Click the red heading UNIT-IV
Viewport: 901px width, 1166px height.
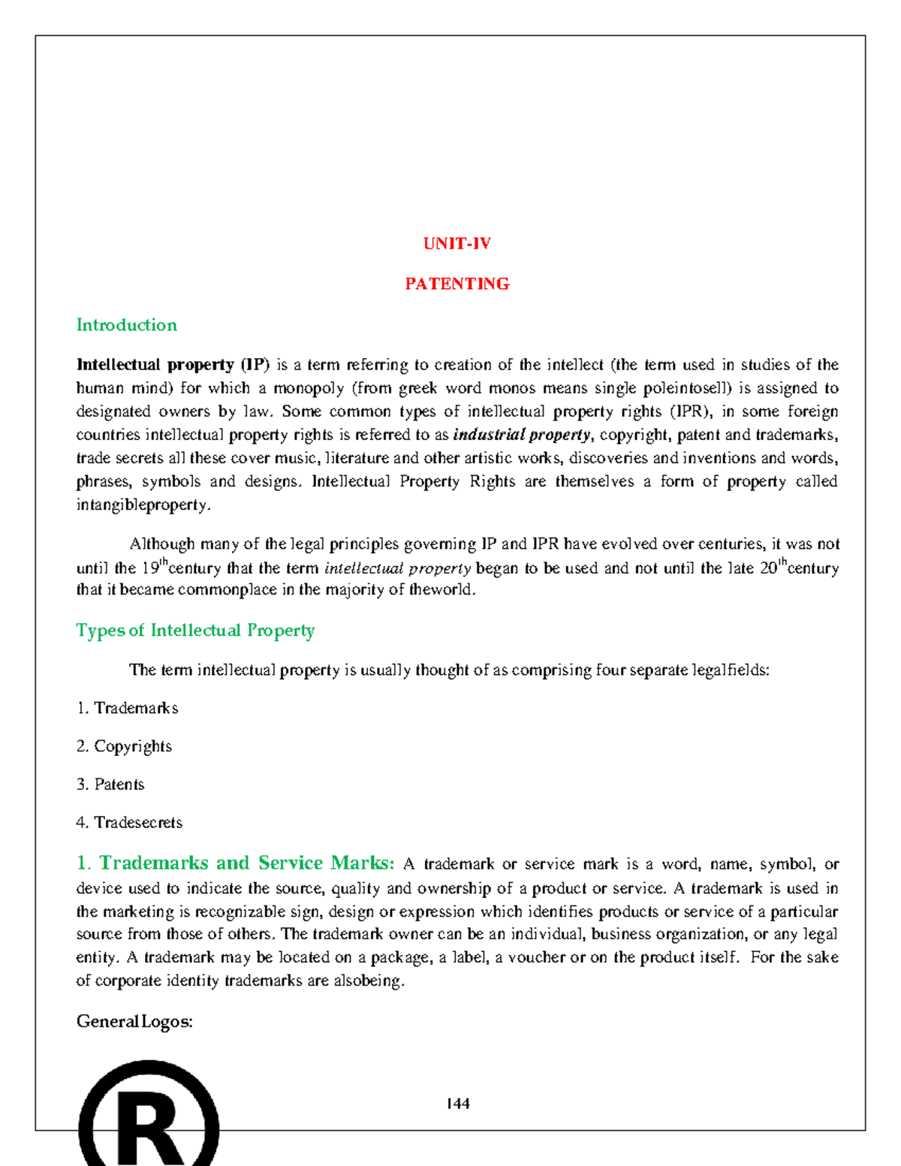click(x=457, y=244)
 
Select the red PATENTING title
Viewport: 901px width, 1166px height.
click(x=457, y=284)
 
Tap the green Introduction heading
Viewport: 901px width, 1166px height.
click(x=127, y=325)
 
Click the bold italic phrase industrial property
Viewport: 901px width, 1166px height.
click(x=522, y=435)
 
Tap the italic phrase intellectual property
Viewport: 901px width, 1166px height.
click(x=397, y=568)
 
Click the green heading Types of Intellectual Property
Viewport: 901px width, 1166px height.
click(x=195, y=631)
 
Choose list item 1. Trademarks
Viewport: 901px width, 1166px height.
click(x=128, y=708)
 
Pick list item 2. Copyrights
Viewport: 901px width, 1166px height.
click(x=125, y=746)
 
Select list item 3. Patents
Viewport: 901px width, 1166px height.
click(x=110, y=785)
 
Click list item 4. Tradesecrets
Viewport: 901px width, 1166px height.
click(x=129, y=823)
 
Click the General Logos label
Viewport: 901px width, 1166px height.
click(x=134, y=1022)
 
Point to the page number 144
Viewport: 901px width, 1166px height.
click(x=457, y=1104)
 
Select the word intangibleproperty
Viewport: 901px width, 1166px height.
click(x=143, y=505)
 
